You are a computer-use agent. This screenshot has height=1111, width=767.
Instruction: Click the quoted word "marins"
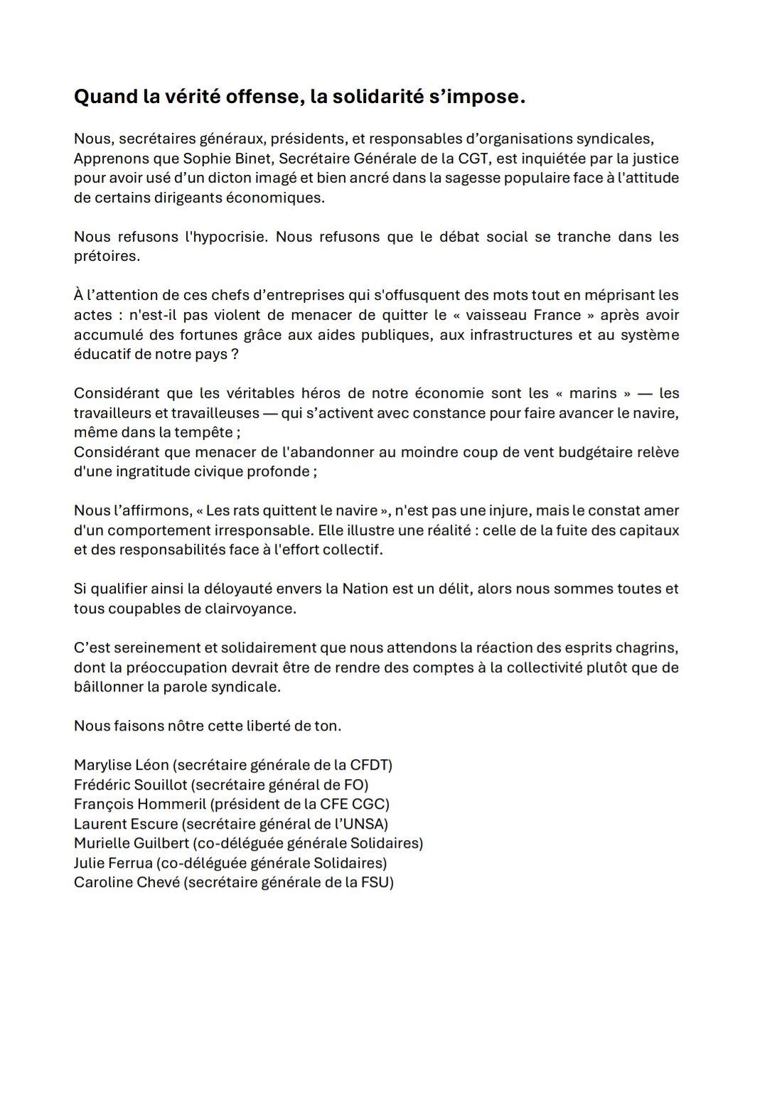(x=591, y=393)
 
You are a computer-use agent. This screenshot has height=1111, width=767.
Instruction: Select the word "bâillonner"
(x=107, y=687)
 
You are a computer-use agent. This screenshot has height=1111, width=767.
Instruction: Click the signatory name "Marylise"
(x=102, y=766)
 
